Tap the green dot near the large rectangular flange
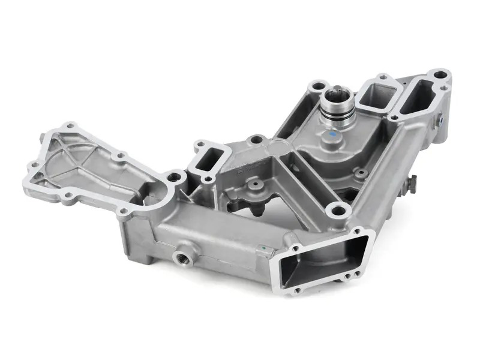pos(262,247)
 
